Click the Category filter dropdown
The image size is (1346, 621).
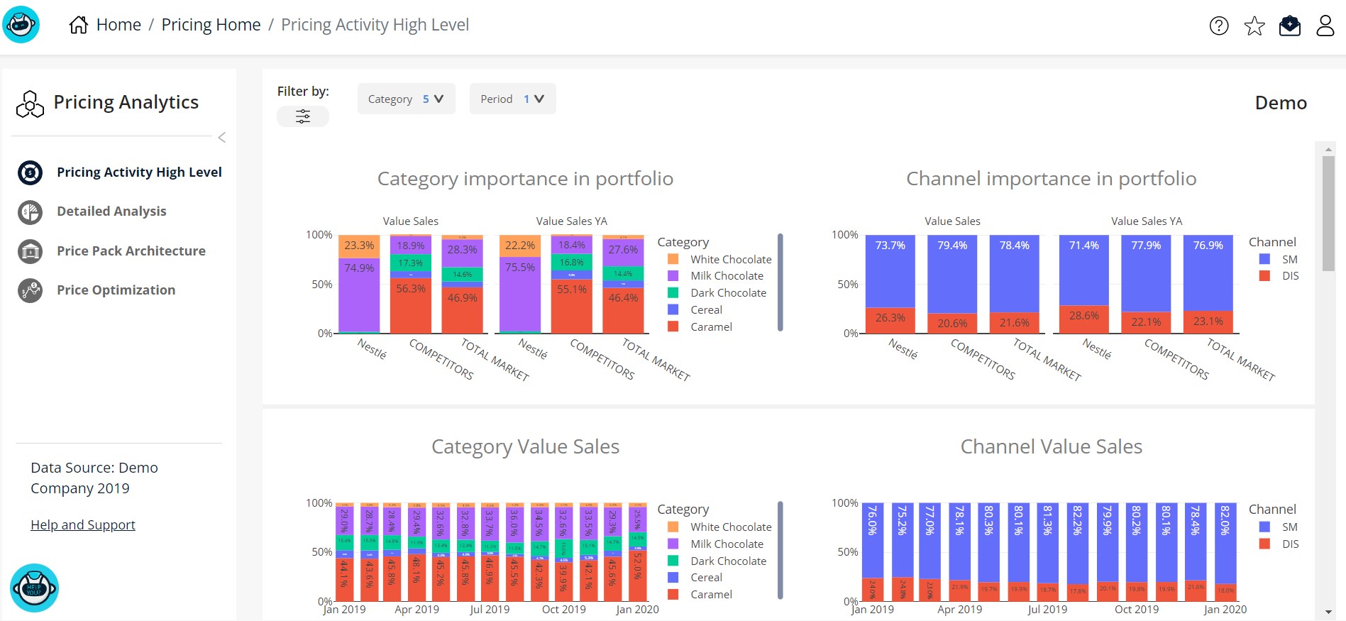pos(405,99)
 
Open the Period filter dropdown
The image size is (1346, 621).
pos(512,99)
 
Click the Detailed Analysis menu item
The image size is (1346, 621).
pos(111,211)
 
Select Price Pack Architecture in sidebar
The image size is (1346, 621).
pos(131,251)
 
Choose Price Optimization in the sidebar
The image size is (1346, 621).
pos(116,290)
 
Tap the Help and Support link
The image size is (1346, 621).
pos(83,525)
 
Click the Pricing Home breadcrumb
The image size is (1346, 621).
pos(211,26)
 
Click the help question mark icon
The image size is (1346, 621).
pos(1218,26)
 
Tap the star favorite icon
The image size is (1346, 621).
pos(1254,26)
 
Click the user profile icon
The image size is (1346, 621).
pos(1325,26)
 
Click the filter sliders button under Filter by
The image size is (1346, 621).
pos(303,116)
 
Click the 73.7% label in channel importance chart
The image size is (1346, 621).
pos(890,246)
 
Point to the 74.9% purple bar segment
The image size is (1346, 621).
pos(359,268)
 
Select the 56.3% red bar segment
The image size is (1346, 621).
pos(411,289)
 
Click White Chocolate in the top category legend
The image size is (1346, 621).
pos(730,260)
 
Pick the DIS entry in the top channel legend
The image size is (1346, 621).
pos(1289,276)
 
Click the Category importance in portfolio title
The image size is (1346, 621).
pos(525,179)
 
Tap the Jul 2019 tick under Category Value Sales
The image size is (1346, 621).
pos(490,610)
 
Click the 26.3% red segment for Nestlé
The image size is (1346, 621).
pos(890,318)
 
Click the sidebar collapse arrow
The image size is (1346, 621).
pos(222,138)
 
